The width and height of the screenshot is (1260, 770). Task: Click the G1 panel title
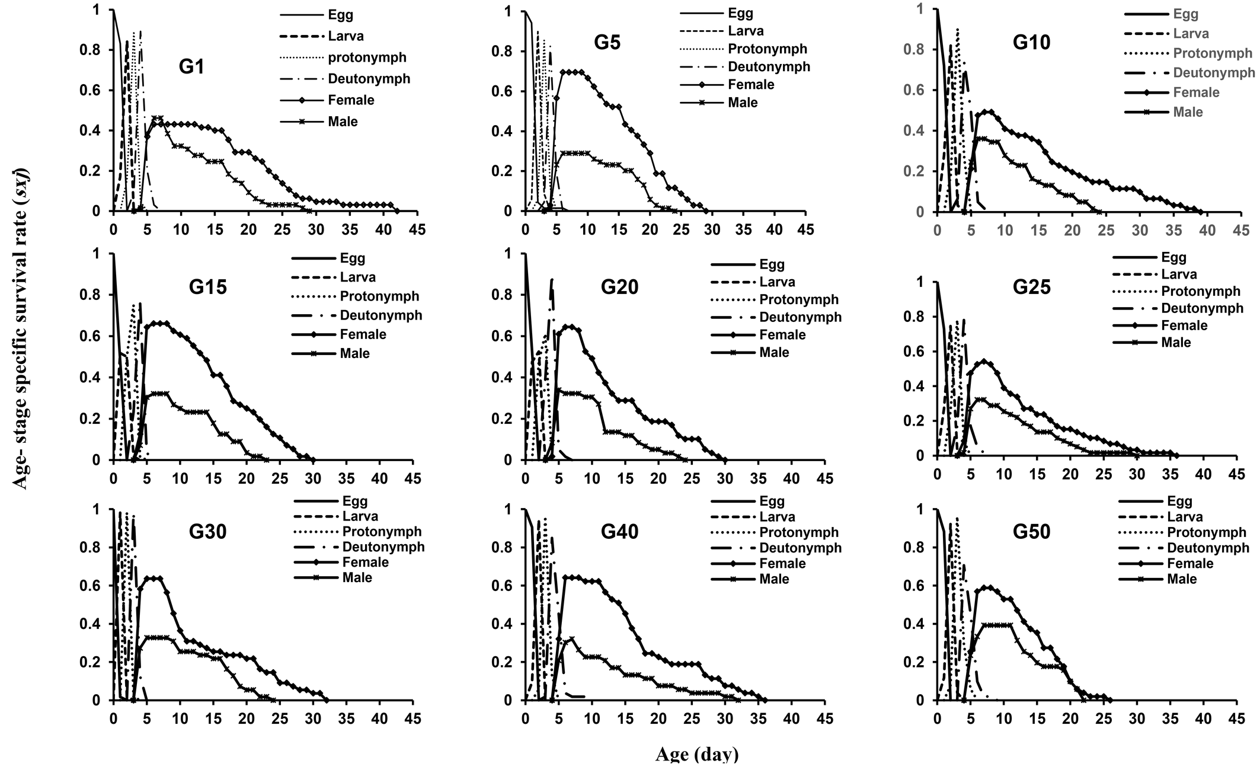191,67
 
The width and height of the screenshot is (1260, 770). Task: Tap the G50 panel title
1031,531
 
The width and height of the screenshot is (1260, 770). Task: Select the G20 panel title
619,287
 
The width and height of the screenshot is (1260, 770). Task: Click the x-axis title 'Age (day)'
697,755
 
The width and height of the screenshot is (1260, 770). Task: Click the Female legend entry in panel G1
351,100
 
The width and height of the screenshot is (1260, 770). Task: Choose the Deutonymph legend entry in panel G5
769,66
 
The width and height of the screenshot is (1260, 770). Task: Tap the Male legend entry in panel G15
354,353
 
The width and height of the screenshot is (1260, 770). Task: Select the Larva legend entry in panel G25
1179,274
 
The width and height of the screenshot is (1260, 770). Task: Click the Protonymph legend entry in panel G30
382,531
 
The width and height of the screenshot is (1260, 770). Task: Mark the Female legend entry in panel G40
782,563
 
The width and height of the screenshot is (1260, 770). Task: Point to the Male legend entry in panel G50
1182,579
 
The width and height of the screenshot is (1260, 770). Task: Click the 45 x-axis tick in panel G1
418,229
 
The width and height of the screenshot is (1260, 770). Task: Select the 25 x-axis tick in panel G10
1105,230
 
